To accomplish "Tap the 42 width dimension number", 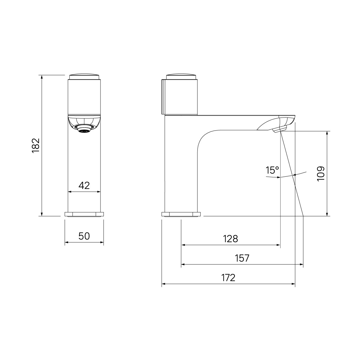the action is (x=84, y=185).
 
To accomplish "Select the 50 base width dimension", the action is (x=84, y=236).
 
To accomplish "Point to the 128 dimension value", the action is (x=230, y=239).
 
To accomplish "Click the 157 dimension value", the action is (x=242, y=258).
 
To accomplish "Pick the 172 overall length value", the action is (x=228, y=278).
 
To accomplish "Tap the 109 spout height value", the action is (x=321, y=174).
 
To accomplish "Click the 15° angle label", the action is (x=272, y=170).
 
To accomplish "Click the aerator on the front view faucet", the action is (x=84, y=129).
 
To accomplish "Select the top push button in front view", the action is (x=84, y=76).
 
